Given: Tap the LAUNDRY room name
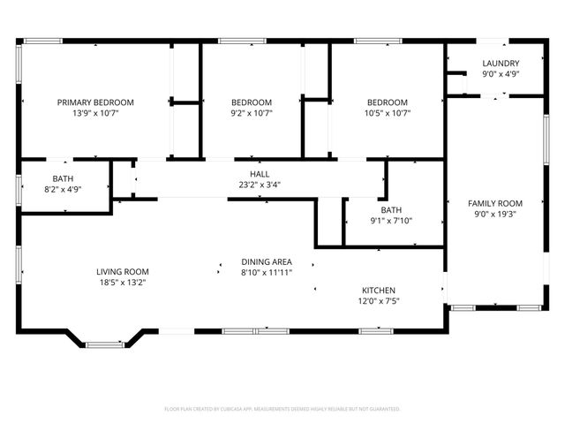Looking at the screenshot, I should (x=501, y=63).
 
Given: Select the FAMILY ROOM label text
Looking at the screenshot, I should (x=494, y=203).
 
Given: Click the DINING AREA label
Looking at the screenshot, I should (x=267, y=262).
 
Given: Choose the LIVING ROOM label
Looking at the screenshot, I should (x=123, y=272).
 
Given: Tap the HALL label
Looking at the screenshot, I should (x=260, y=174).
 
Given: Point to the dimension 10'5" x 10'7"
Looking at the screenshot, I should (x=388, y=113).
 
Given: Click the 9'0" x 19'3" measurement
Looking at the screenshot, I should (x=494, y=215).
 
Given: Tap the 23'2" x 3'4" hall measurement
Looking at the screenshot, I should (x=260, y=185).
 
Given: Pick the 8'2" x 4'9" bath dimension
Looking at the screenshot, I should (x=63, y=189).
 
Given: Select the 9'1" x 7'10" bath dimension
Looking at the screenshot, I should (x=391, y=221).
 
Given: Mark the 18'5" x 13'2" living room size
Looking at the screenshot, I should (x=123, y=283).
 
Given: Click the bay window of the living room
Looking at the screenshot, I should (x=110, y=341).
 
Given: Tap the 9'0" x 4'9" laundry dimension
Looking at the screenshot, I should (x=501, y=74).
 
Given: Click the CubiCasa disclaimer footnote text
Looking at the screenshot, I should (x=282, y=409).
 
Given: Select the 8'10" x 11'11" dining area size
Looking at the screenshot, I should (x=267, y=274).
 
